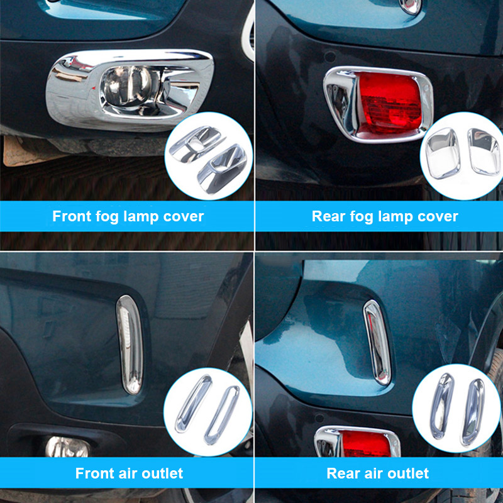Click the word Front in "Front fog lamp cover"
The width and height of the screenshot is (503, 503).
click(72, 216)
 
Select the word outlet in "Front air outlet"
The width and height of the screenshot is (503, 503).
click(162, 473)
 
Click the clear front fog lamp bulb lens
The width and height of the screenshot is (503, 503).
click(126, 86)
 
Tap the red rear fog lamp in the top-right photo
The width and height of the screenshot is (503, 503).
click(389, 104)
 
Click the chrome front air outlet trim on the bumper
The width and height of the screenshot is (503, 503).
click(130, 345)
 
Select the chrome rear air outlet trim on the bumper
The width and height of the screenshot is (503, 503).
click(377, 342)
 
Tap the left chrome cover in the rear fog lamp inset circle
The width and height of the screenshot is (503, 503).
click(443, 154)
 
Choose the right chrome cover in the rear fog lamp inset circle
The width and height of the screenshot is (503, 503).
click(484, 152)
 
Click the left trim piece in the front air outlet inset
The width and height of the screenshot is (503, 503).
click(193, 404)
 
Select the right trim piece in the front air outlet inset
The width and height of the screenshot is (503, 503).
click(222, 416)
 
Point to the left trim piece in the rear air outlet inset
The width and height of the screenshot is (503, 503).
click(442, 406)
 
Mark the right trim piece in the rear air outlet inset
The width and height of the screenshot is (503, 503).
click(473, 412)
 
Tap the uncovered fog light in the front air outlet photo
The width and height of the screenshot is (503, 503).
click(67, 447)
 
